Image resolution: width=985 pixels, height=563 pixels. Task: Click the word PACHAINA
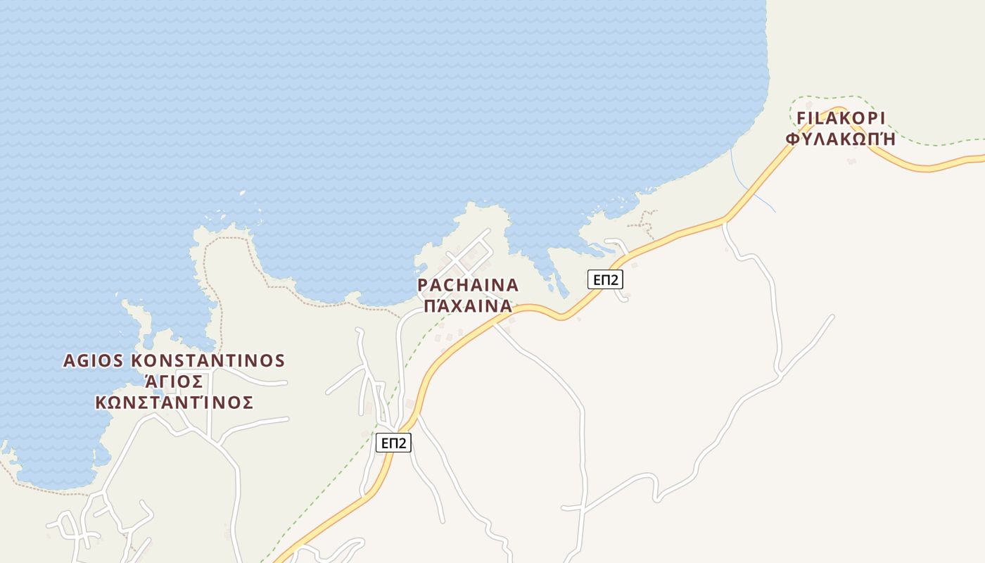[468, 285]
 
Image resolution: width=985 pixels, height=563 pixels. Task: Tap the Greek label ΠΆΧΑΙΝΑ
[468, 306]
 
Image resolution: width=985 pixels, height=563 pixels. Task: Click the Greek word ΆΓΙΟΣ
[174, 382]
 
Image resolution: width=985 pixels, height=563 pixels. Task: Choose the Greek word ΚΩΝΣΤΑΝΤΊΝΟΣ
[174, 403]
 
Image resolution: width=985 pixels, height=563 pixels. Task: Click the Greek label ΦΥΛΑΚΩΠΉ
[841, 139]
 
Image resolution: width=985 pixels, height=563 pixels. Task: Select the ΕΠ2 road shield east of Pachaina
[605, 279]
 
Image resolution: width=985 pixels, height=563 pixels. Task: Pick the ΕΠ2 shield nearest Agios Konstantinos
[393, 443]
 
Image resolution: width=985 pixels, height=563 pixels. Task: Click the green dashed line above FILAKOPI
[830, 98]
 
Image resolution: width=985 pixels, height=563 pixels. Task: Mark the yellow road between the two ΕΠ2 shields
[450, 348]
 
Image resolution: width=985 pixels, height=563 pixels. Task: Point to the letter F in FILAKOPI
[801, 118]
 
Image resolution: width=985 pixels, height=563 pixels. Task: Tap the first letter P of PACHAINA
[423, 285]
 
